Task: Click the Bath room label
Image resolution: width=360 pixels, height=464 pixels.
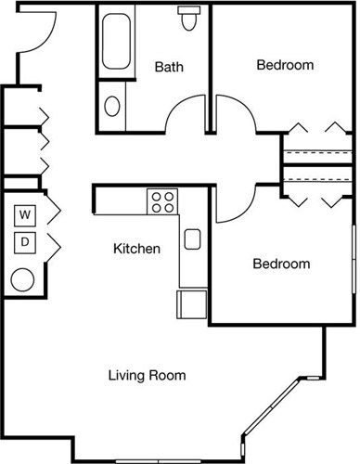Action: [x=169, y=66]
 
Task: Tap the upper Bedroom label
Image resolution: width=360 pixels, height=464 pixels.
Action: [x=285, y=65]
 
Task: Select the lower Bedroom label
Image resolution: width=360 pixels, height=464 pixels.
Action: [x=281, y=264]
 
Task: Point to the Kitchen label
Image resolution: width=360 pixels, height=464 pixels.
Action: [x=137, y=249]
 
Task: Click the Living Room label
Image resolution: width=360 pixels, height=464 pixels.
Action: [x=148, y=376]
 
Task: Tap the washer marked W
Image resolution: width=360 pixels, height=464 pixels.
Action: [x=26, y=216]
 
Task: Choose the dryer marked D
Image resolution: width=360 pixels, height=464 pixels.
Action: [x=26, y=243]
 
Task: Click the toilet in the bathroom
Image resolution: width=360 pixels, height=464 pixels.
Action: [x=192, y=19]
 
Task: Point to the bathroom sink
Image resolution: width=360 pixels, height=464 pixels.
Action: [x=113, y=105]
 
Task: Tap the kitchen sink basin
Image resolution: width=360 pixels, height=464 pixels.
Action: [x=193, y=239]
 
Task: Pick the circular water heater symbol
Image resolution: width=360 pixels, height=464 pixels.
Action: [x=23, y=277]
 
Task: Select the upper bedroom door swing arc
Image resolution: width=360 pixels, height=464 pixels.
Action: [x=234, y=116]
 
